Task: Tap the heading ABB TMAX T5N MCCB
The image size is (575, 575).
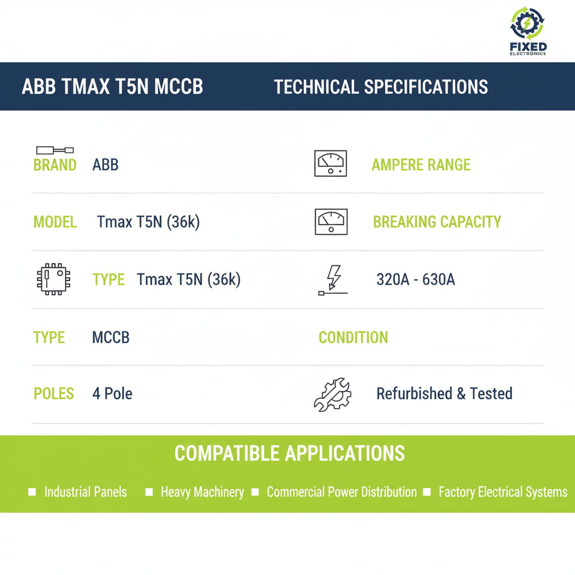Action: click(112, 87)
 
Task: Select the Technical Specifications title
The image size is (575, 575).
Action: click(381, 87)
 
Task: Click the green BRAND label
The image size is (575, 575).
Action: click(55, 165)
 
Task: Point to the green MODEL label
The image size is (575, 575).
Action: click(55, 222)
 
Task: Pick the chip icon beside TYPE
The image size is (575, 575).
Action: click(53, 279)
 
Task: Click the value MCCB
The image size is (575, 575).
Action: click(111, 337)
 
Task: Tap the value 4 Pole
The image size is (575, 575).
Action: click(112, 394)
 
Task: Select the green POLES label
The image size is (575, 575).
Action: click(54, 394)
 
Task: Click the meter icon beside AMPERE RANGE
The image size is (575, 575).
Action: click(330, 163)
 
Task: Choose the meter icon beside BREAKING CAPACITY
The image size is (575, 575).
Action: click(331, 221)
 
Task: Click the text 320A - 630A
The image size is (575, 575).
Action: click(416, 280)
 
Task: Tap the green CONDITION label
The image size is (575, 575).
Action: click(353, 337)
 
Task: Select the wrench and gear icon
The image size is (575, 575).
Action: click(332, 394)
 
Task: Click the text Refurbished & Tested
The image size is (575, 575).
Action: click(444, 394)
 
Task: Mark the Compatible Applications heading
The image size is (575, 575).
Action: click(289, 453)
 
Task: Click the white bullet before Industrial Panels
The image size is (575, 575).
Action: click(32, 492)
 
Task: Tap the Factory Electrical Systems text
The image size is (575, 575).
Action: click(503, 492)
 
